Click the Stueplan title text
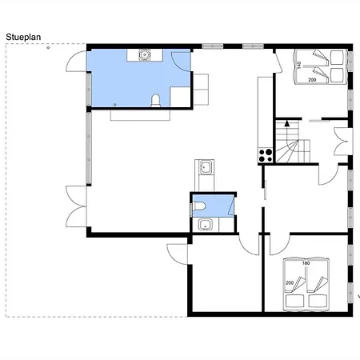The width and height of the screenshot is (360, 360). pyautogui.click(x=23, y=37)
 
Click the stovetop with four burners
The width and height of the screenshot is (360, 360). pyautogui.click(x=266, y=155)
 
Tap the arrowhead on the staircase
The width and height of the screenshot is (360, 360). pyautogui.click(x=287, y=123)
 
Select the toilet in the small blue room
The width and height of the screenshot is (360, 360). pyautogui.click(x=199, y=206)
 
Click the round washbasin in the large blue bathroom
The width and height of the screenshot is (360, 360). pyautogui.click(x=145, y=54)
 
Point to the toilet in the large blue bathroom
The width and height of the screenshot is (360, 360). pyautogui.click(x=155, y=101)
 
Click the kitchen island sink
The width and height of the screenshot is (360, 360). pyautogui.click(x=205, y=167)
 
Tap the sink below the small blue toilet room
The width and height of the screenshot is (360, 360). pyautogui.click(x=205, y=225)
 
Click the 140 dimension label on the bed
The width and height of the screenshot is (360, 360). pyautogui.click(x=299, y=65)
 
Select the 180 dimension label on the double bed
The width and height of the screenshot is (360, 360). pyautogui.click(x=306, y=263)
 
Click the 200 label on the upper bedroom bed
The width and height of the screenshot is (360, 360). pyautogui.click(x=312, y=80)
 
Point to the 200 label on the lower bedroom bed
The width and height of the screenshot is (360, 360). pyautogui.click(x=290, y=282)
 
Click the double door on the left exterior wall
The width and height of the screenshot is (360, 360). pyautogui.click(x=76, y=206)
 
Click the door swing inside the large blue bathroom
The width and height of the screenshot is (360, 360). pyautogui.click(x=181, y=62)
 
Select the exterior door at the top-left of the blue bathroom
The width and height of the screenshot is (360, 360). pyautogui.click(x=76, y=62)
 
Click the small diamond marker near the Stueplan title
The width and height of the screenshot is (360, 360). pyautogui.click(x=48, y=48)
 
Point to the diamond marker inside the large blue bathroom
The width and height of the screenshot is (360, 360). pyautogui.click(x=115, y=105)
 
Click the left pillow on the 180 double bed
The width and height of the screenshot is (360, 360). pyautogui.click(x=294, y=301)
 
